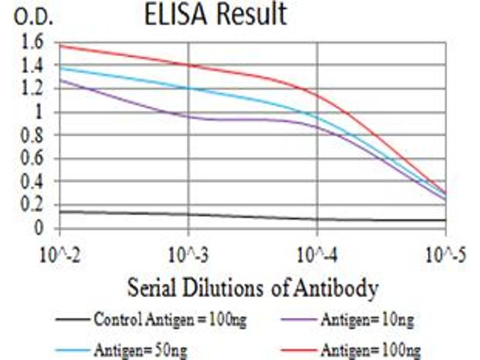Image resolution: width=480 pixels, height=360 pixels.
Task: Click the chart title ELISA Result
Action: pos(215,15)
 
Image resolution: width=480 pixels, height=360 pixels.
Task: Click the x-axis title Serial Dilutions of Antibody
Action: pos(253,289)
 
